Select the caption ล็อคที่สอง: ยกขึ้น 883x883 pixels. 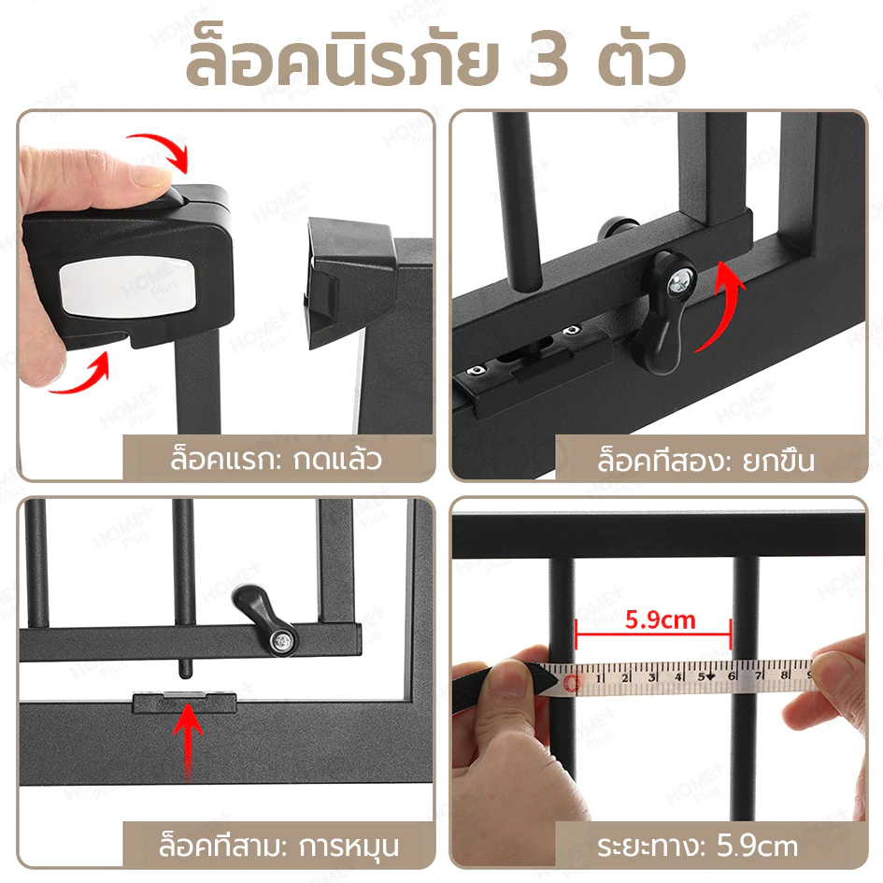705,460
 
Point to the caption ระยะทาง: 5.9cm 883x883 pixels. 698,847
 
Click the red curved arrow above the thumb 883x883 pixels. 160,152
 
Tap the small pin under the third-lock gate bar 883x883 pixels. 185,670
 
